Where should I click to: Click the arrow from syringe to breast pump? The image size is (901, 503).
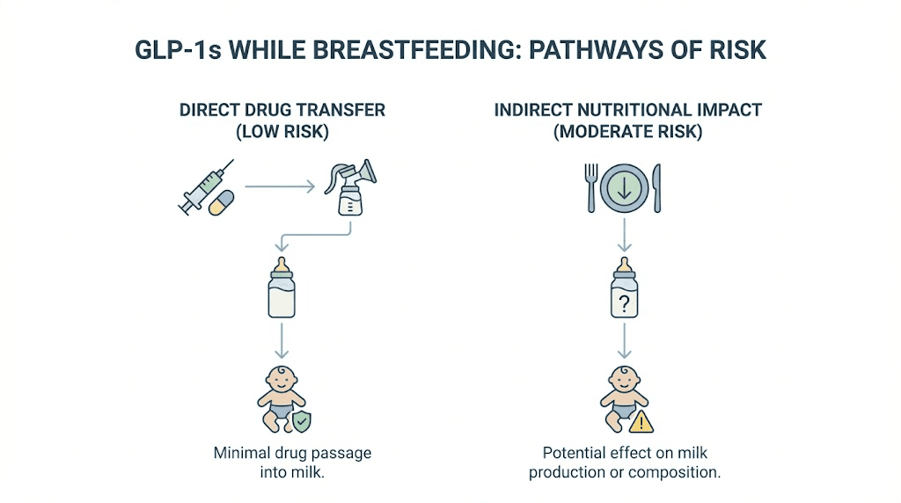280,186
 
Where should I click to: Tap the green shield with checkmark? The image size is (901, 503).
302,422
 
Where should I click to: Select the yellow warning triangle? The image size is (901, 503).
642,422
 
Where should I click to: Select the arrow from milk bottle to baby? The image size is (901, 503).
282,339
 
